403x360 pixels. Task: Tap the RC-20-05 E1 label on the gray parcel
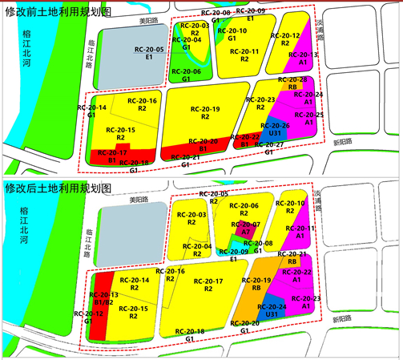point(150,54)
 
